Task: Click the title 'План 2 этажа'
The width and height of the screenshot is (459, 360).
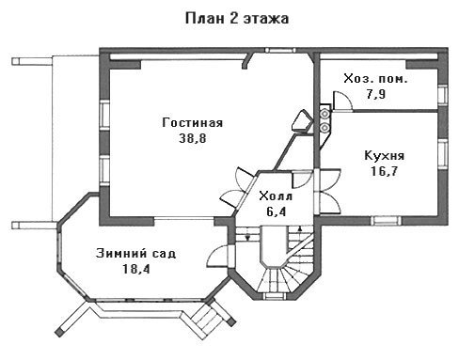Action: pos(237,19)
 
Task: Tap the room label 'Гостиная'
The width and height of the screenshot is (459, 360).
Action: pos(193,122)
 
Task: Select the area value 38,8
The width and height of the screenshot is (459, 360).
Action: pos(193,138)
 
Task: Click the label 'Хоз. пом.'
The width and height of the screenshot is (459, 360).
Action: pos(375,79)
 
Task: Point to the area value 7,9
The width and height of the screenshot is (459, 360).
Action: pos(375,94)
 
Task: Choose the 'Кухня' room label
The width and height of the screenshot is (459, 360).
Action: pos(384,156)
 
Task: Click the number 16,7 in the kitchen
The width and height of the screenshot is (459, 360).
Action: pos(384,171)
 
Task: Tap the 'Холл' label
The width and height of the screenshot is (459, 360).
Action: pos(276,196)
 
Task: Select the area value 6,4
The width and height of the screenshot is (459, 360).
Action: pos(277,211)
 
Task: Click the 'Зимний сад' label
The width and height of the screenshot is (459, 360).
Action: pos(135,253)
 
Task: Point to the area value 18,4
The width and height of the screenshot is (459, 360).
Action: pos(135,269)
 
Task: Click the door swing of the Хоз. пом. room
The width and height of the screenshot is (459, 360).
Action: pos(342,101)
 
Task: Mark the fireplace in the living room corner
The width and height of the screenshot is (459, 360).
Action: pos(302,122)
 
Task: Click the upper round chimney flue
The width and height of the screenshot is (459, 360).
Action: pos(324,114)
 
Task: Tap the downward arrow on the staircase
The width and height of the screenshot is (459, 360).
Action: pos(247,237)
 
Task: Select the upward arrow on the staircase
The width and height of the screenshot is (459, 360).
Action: pos(300,228)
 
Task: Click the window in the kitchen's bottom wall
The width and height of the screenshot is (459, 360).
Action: pos(386,220)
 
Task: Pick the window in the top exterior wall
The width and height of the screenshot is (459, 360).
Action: pos(280,50)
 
